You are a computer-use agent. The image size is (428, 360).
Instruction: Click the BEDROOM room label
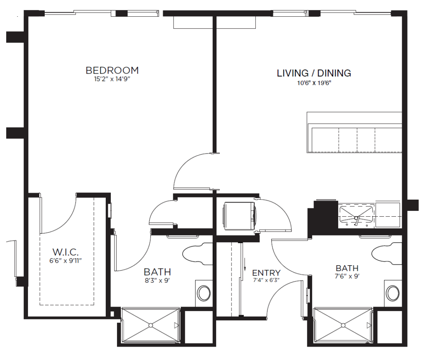pos(112,70)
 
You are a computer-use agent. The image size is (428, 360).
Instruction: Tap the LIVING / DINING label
pos(314,73)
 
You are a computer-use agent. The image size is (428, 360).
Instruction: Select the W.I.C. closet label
pos(66,252)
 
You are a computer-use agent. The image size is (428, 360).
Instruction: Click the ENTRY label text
pos(266,273)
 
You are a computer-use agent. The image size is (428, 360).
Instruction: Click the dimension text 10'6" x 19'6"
pos(314,83)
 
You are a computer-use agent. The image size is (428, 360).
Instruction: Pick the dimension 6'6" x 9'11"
pos(66,261)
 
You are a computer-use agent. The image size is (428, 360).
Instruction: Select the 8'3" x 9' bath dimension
pos(158,280)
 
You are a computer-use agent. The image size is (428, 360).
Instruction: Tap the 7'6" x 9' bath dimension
pos(347,276)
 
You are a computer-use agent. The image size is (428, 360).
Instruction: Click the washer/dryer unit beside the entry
pos(239,215)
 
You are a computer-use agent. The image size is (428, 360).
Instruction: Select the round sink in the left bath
pos(204,293)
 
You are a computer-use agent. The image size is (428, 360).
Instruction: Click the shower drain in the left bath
pos(150,325)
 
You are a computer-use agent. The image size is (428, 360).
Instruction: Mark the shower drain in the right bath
pos(343,325)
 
